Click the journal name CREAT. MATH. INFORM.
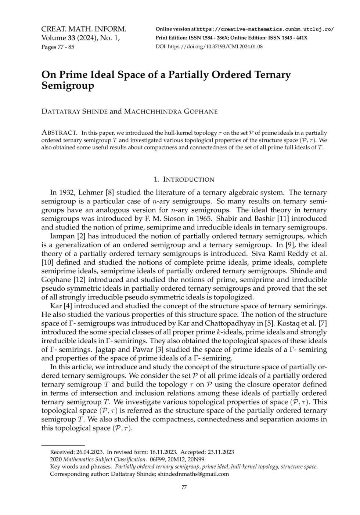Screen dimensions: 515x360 click(83, 29)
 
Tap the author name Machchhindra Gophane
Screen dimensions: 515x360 click(170, 111)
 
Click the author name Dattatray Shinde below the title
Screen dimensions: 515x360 click(75, 111)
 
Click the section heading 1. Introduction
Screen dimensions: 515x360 click(184, 179)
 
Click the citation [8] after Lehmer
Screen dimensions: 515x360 click(109, 192)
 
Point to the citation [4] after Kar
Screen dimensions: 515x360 click(69, 306)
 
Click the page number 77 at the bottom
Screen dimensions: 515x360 click(184, 487)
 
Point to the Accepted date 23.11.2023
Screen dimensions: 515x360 click(221, 452)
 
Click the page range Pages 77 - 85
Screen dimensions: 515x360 click(58, 47)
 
